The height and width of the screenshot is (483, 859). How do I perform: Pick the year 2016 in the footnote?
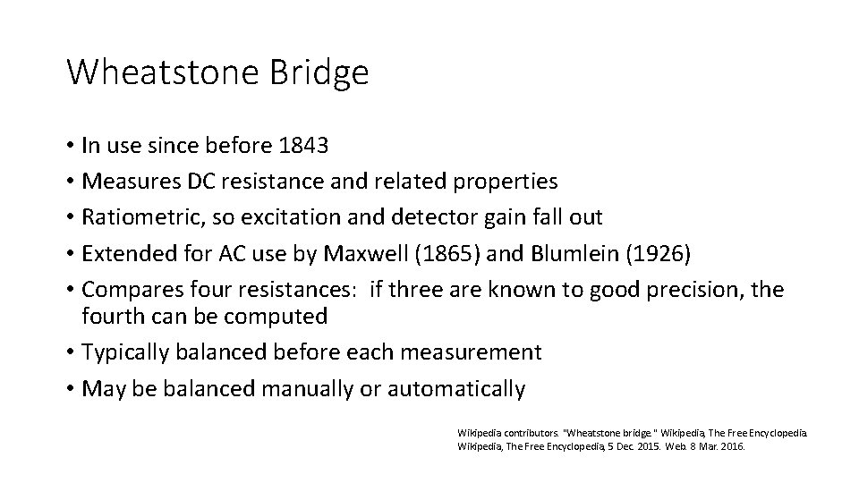pos(733,445)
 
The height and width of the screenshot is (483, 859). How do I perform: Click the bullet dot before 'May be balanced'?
pos(69,389)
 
